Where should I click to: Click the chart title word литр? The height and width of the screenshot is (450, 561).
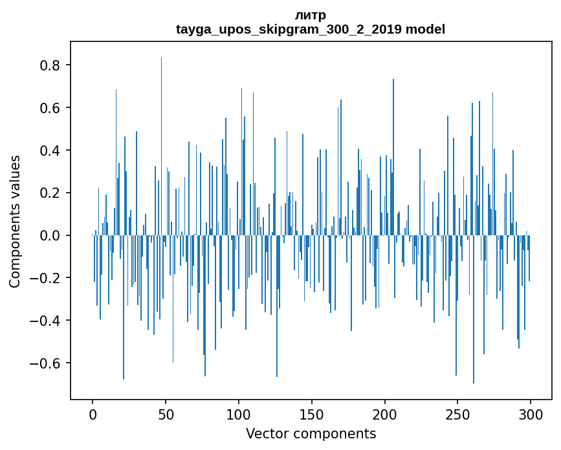point(311,15)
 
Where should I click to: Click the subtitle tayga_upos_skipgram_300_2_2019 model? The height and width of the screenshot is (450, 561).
point(311,29)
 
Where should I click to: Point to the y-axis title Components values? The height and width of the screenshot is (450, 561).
point(15,221)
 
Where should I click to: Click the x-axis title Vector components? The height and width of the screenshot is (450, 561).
point(311,433)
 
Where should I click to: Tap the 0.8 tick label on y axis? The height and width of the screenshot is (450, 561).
point(50,65)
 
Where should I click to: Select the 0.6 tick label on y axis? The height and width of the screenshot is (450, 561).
point(50,108)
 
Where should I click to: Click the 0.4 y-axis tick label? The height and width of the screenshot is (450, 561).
point(50,151)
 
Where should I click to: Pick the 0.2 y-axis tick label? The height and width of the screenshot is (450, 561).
point(50,193)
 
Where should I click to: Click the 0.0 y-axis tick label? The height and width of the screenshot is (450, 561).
point(50,236)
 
